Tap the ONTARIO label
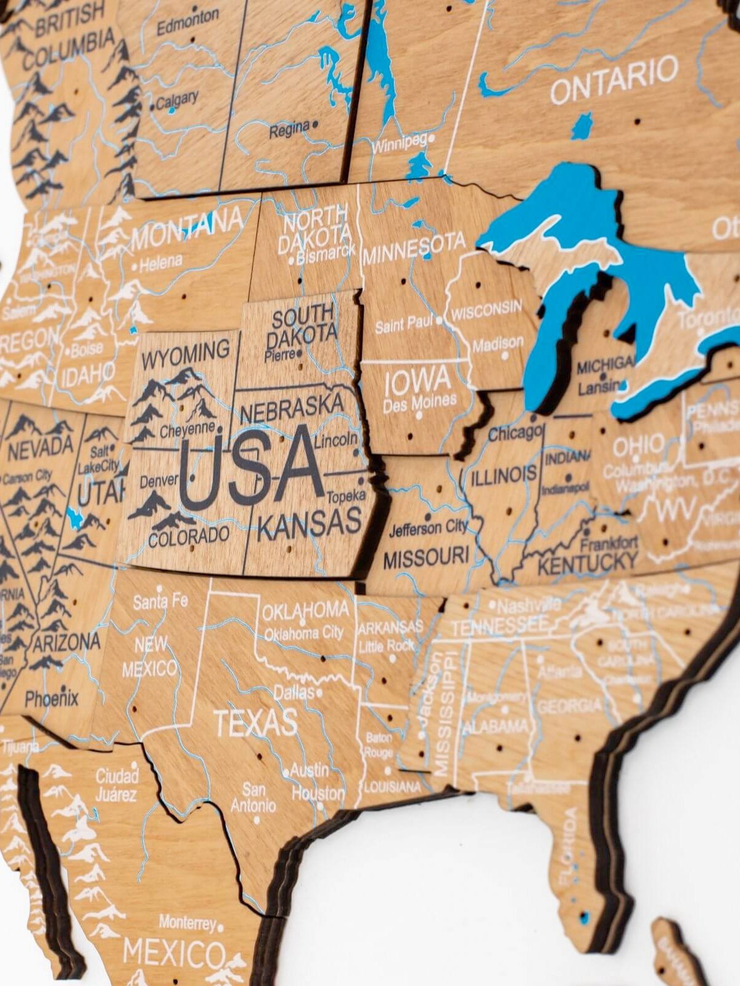(x=614, y=80)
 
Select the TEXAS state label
(x=255, y=723)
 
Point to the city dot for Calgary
(x=152, y=107)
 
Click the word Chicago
(x=516, y=433)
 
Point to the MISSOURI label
(x=426, y=558)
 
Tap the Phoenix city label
(x=52, y=698)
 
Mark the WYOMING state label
(x=186, y=354)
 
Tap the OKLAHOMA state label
(x=305, y=611)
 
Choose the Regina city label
(x=289, y=128)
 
